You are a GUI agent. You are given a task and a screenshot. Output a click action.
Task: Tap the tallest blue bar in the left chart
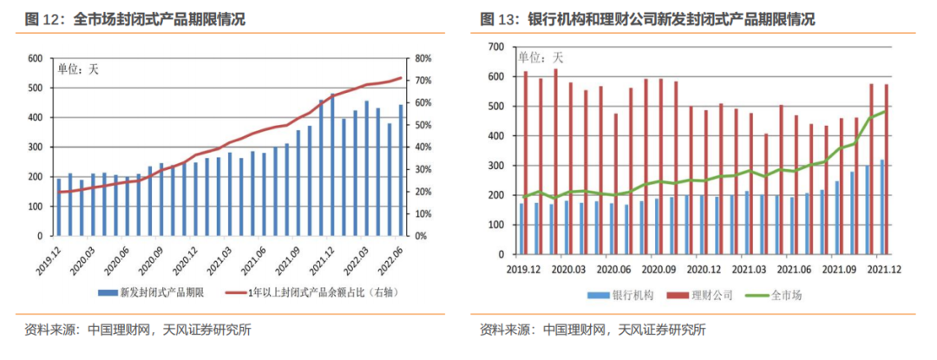(332, 165)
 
